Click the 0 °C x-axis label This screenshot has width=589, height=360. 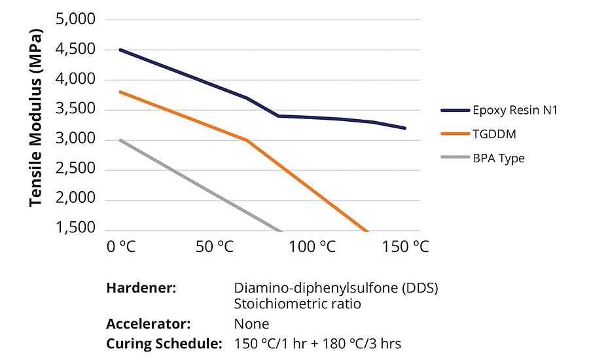(121, 247)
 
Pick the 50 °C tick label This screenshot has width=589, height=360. (215, 247)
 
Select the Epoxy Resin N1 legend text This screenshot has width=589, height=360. (516, 110)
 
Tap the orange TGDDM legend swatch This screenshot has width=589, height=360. (455, 134)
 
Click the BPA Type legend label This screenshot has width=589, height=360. (499, 158)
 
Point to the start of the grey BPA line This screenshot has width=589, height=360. (121, 140)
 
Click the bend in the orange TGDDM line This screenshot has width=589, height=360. (247, 140)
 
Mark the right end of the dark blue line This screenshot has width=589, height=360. (405, 128)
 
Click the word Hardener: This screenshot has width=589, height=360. (141, 289)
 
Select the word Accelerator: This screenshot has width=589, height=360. (148, 324)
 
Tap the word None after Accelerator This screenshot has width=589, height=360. (251, 324)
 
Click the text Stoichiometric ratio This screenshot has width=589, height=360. (297, 305)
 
